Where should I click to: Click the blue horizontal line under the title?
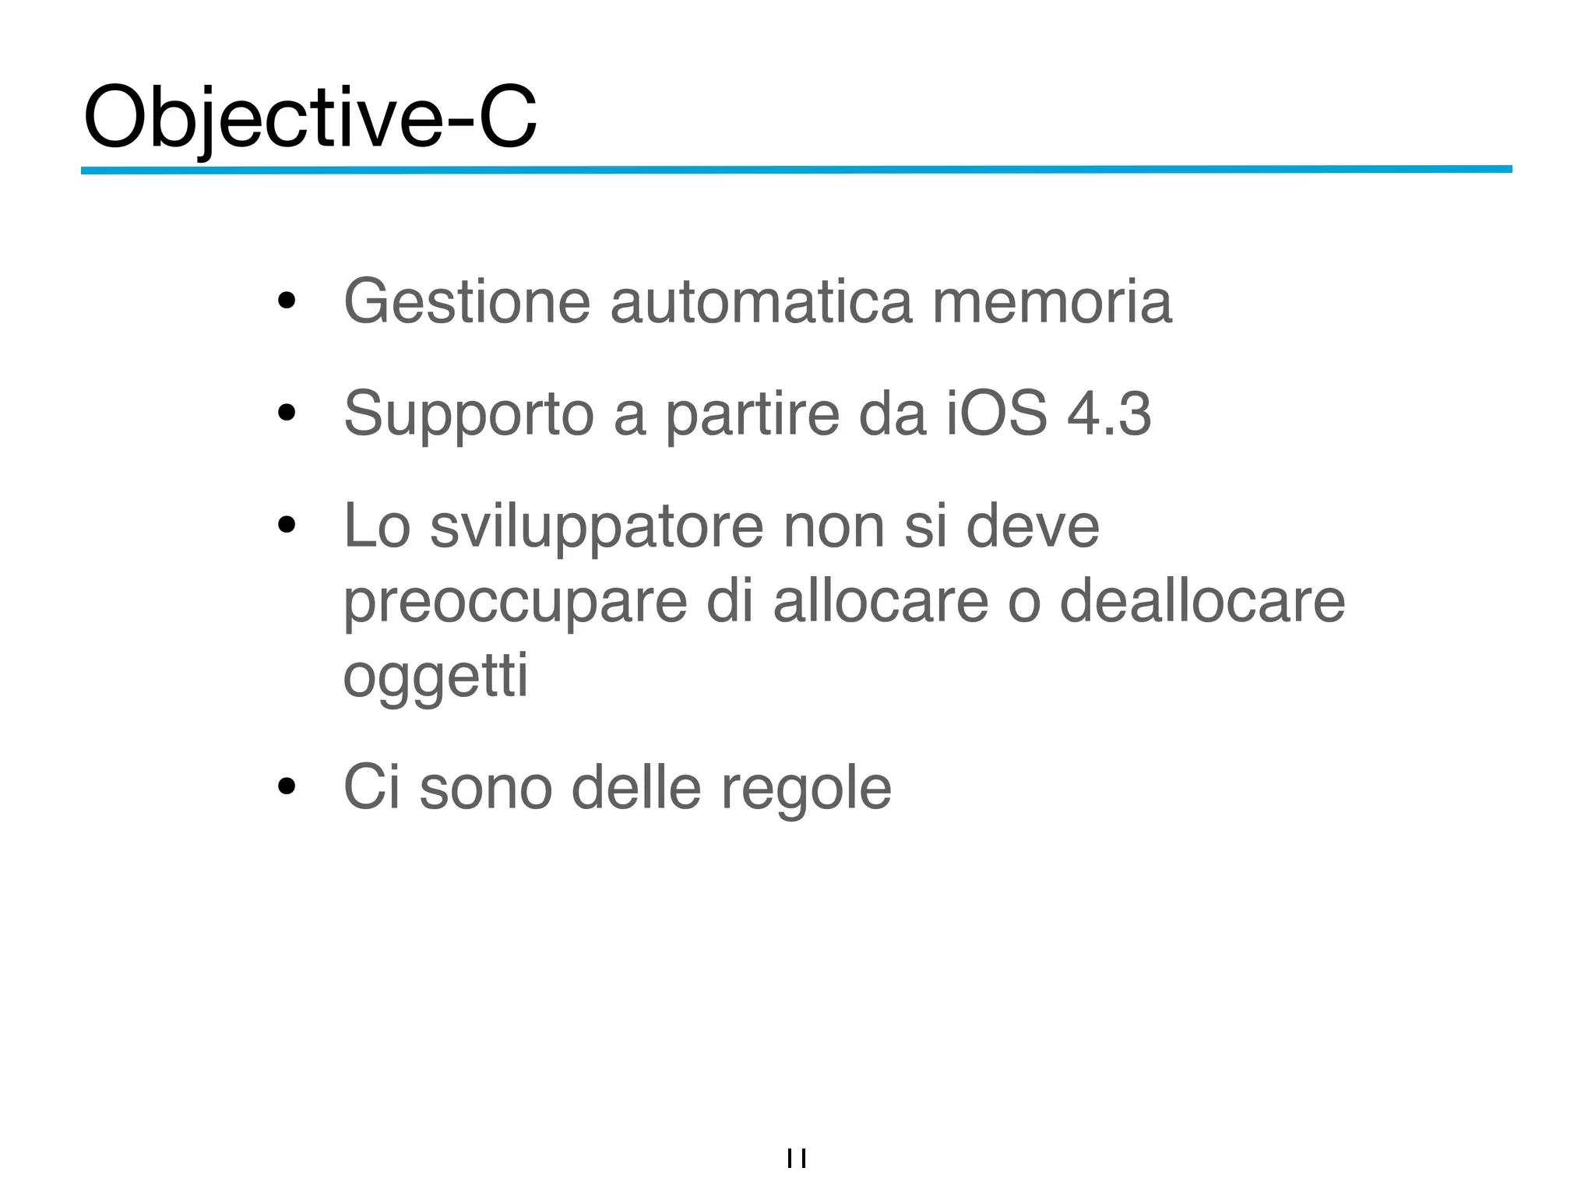[796, 169]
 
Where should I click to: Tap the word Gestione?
[467, 302]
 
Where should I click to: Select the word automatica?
[760, 302]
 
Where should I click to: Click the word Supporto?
[469, 415]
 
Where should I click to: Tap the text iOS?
[997, 413]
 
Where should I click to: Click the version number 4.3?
[1109, 413]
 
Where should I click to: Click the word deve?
[1033, 526]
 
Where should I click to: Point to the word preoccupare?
[516, 603]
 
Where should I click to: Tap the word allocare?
[880, 601]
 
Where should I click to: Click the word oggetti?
[435, 676]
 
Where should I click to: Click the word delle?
[636, 788]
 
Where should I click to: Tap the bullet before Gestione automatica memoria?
[287, 301]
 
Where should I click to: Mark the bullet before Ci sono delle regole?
[287, 787]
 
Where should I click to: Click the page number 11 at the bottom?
[797, 1159]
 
